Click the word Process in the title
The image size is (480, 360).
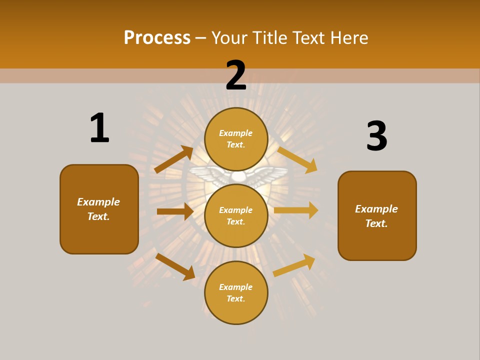[157, 38]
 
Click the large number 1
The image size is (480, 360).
[99, 128]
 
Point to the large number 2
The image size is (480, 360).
[236, 76]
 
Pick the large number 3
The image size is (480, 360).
[376, 136]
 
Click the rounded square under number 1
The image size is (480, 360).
[99, 209]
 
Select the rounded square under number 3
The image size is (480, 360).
[377, 215]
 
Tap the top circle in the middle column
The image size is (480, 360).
[236, 139]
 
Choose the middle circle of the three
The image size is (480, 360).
[236, 215]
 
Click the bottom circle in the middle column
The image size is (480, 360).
[236, 292]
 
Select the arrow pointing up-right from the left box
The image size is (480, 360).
[173, 159]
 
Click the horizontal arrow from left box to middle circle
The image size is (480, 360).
[175, 211]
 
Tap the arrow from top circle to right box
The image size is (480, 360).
[297, 159]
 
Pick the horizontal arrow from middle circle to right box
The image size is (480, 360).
[296, 210]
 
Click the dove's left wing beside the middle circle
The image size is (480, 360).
[205, 176]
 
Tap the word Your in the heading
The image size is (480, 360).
[228, 38]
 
